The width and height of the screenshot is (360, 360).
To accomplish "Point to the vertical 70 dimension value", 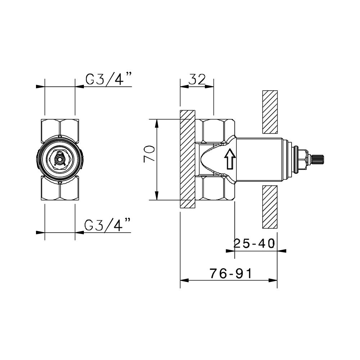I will click(149, 154).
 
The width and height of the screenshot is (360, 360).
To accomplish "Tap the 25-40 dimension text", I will click(254, 243).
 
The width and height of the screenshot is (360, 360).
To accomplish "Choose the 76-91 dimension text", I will click(230, 274).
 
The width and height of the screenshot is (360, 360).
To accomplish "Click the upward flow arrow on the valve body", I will click(229, 159).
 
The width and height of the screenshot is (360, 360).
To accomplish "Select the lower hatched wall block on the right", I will click(270, 207).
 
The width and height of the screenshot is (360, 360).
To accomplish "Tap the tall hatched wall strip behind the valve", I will click(188, 158).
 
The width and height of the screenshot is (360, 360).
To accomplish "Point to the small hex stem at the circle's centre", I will click(60, 158).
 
